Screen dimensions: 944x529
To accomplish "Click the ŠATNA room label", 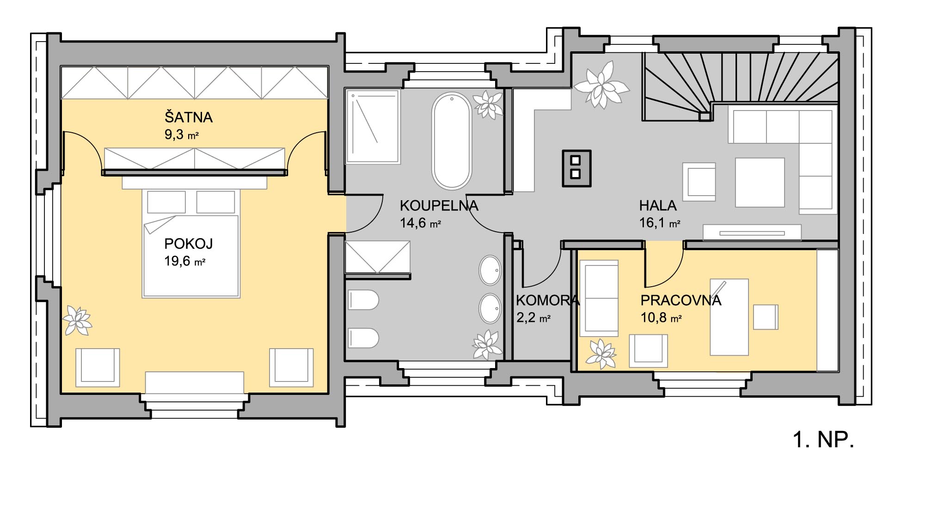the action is (x=189, y=117).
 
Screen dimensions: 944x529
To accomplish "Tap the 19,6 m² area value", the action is (x=184, y=261).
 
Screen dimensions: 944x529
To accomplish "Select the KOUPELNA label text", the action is (x=439, y=205).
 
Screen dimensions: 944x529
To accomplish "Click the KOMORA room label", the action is (x=547, y=300).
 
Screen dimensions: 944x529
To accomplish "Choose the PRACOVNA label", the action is (x=680, y=300).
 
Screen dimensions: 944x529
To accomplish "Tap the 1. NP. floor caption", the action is (x=823, y=439).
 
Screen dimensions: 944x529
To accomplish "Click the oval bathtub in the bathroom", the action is (x=452, y=141).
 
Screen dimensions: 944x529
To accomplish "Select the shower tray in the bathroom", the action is (x=373, y=126).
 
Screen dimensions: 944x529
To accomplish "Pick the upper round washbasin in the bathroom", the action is (x=490, y=271).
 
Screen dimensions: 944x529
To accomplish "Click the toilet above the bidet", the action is (x=363, y=301).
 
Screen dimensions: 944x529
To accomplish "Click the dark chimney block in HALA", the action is (x=576, y=168).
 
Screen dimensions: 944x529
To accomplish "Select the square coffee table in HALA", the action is (x=760, y=183).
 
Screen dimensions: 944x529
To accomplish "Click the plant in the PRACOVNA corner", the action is (x=601, y=354).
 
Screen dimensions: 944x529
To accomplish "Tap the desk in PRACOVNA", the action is (x=729, y=317).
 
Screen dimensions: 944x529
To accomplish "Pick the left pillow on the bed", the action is (x=166, y=202).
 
